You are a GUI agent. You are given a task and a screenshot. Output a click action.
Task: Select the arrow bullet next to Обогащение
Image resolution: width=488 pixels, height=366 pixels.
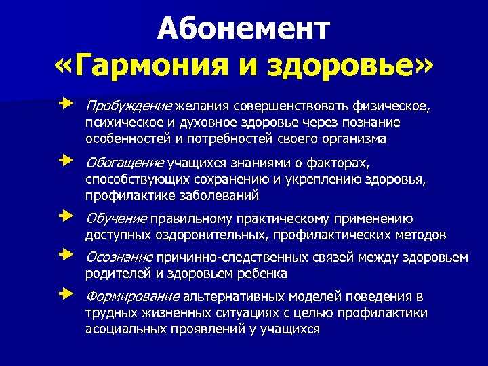(x=64, y=162)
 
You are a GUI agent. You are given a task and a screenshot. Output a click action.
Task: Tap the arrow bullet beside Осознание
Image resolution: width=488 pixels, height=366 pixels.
(x=64, y=257)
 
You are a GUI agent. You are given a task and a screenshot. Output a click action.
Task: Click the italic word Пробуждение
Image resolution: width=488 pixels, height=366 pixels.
(x=128, y=106)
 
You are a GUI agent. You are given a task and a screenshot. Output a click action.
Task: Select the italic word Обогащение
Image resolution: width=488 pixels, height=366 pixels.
(x=125, y=163)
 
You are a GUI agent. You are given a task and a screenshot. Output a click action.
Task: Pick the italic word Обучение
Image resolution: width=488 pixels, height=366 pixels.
(x=116, y=219)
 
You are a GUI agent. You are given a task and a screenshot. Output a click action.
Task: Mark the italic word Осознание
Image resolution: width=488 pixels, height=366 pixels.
(x=119, y=258)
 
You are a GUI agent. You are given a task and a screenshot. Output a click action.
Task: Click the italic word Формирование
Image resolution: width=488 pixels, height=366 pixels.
(x=132, y=297)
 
